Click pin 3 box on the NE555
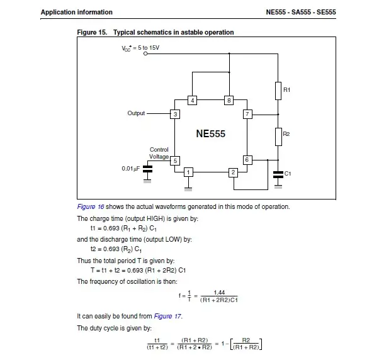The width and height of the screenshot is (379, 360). coord(175,114)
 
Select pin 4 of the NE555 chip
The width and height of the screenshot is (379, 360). coord(193,100)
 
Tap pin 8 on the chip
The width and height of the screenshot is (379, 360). coord(229,100)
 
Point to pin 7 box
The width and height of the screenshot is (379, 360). coord(247,114)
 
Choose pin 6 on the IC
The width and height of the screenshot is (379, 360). coord(247,160)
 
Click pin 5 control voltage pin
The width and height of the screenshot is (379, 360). coord(175,160)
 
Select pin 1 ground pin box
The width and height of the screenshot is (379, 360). coord(188,172)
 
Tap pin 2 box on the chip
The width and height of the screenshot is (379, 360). coord(233,172)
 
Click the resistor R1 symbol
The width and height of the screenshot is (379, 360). coord(278,91)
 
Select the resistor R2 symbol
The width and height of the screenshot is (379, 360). coord(278,135)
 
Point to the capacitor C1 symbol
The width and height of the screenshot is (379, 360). coord(278,173)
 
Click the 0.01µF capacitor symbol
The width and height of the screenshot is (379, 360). coord(147,169)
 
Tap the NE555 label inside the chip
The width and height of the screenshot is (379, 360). coord(211,134)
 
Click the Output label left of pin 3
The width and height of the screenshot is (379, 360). coord(136,114)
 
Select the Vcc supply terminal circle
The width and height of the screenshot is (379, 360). coord(146,54)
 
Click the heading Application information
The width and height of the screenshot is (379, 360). coord(76,12)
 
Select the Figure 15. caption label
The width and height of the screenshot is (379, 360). coord(93,32)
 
